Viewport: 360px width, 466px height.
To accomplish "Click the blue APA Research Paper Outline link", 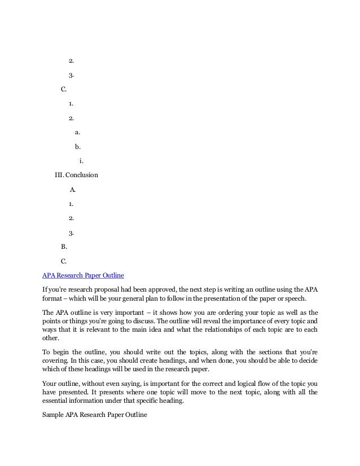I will (84, 276).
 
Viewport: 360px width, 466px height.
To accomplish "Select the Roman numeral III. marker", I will (59, 175).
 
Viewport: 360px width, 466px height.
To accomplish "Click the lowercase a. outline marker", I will (77, 133).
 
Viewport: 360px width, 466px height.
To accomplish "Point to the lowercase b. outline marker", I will (77, 147).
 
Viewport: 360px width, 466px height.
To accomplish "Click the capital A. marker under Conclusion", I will (72, 189).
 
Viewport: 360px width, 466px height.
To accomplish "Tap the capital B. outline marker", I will (64, 247).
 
